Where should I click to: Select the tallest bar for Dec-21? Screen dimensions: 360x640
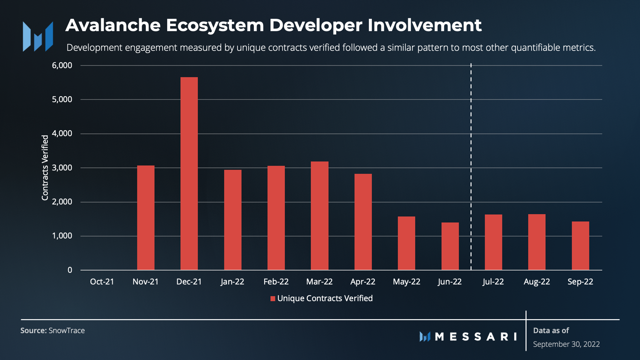[x=189, y=173]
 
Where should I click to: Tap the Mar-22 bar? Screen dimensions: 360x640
[x=319, y=215]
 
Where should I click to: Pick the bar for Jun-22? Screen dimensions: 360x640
[x=450, y=246]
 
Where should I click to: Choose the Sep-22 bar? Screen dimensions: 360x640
[x=580, y=246]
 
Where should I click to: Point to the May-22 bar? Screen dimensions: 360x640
[x=406, y=243]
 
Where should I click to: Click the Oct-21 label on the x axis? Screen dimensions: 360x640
[x=102, y=282]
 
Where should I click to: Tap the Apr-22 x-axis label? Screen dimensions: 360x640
[x=363, y=282]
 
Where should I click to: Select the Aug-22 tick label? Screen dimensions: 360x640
[x=537, y=282]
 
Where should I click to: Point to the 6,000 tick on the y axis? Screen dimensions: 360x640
[x=62, y=65]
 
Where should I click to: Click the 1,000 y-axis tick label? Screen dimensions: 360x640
[x=62, y=236]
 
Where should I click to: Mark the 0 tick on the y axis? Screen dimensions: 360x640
[x=70, y=270]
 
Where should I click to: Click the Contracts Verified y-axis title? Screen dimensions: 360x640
[x=45, y=168]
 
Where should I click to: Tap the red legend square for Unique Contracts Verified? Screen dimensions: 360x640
[x=272, y=298]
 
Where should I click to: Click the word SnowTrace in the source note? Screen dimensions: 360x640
[x=67, y=330]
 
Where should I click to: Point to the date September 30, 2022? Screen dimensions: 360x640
[x=566, y=344]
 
